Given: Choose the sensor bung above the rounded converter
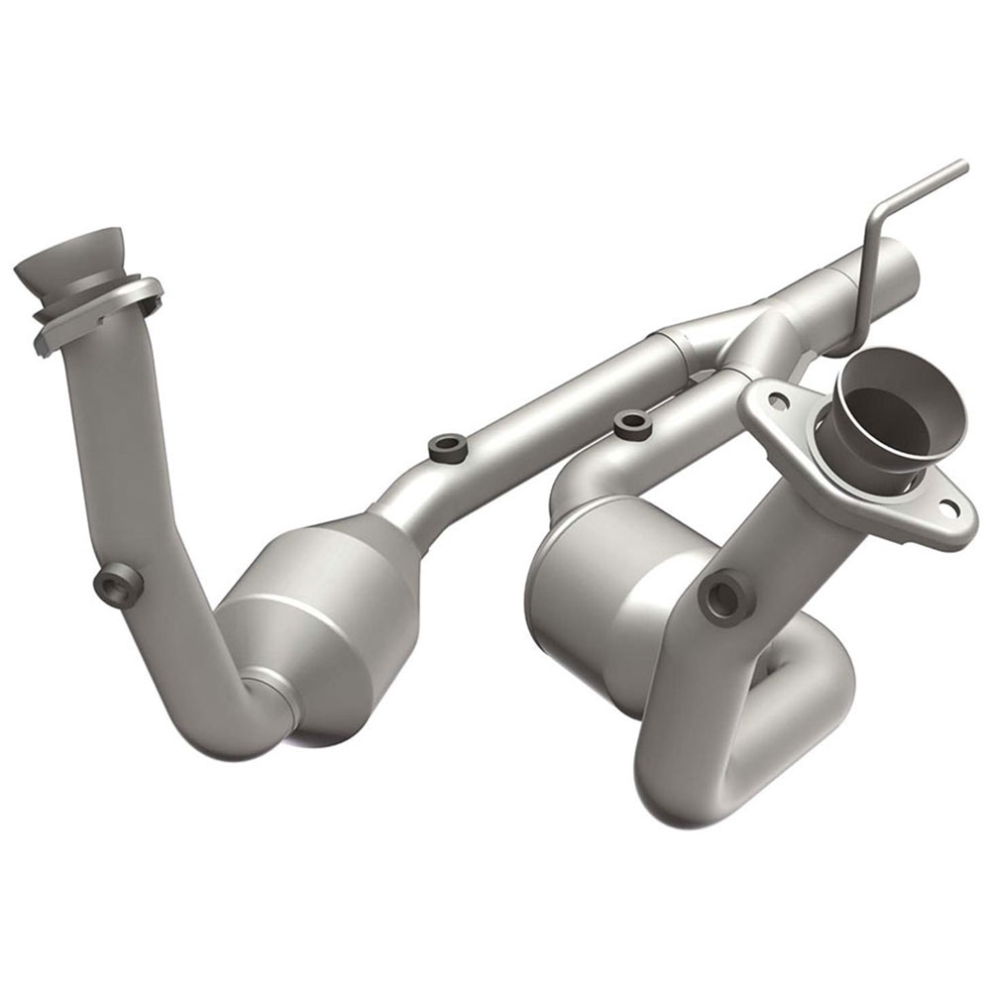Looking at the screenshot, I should [x=631, y=426].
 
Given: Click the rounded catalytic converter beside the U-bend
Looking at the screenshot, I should [x=605, y=595].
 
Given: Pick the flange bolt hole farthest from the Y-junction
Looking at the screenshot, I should [x=950, y=508].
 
